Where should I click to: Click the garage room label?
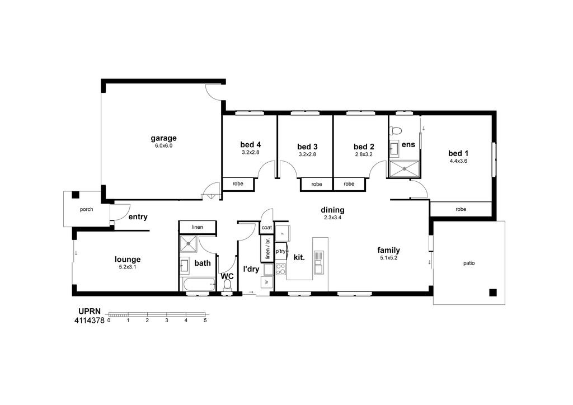(163, 138)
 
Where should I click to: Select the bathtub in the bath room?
(198, 284)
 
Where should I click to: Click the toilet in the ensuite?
(396, 130)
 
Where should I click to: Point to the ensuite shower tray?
(405, 169)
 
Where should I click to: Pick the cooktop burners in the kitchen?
(281, 269)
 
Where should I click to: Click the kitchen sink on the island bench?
(318, 262)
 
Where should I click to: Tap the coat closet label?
(267, 228)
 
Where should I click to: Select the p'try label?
(281, 251)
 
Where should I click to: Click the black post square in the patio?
(493, 292)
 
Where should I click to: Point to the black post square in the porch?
(76, 195)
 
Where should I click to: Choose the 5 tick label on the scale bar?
(205, 321)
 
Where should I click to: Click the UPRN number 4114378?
(90, 321)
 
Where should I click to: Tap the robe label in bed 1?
(461, 209)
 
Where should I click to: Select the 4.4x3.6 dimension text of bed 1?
(458, 161)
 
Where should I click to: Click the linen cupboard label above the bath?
(198, 227)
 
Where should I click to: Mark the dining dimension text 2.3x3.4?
(332, 218)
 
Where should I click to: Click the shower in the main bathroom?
(188, 243)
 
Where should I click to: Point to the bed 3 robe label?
(317, 185)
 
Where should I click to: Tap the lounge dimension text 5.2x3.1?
(128, 267)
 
